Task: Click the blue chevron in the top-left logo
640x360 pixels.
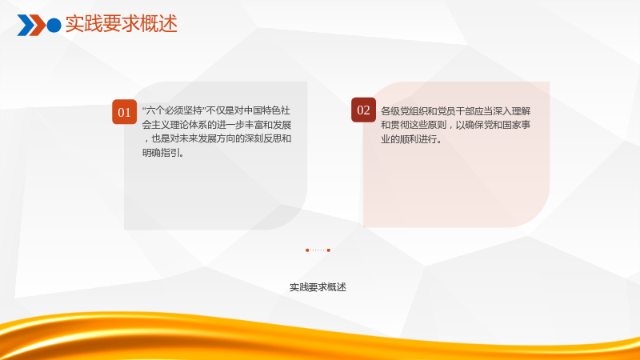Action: [26, 25]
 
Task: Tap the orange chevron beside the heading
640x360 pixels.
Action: [38, 25]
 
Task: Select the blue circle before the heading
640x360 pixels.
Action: [54, 26]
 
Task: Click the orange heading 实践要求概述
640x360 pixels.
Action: [122, 24]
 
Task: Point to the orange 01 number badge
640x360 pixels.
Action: [125, 112]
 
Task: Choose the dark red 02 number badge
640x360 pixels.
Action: [363, 110]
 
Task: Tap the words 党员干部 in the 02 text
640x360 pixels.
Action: [455, 111]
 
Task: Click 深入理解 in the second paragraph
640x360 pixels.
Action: [511, 111]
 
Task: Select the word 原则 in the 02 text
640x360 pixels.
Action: [437, 125]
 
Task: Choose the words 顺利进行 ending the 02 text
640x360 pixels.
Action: [418, 139]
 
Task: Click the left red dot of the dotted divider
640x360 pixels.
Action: [307, 250]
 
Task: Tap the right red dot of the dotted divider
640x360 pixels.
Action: [329, 250]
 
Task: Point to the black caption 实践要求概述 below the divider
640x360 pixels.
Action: [318, 287]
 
